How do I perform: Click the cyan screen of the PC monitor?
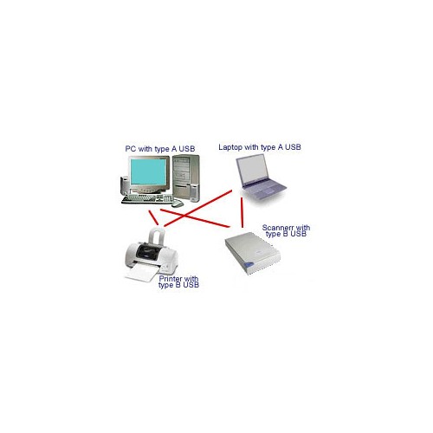[x=148, y=172]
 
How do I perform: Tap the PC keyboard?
[x=147, y=199]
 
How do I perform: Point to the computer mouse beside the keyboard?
[x=178, y=204]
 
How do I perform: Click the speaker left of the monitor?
[x=125, y=185]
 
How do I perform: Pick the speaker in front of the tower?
[x=195, y=192]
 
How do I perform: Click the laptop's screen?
[x=252, y=170]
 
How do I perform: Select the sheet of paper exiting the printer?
[x=142, y=273]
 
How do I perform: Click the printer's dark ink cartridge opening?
[x=148, y=251]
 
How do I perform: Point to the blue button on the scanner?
[x=249, y=265]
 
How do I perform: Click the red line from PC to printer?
[x=153, y=217]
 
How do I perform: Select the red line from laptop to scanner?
[x=242, y=213]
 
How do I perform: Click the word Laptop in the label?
[x=230, y=147]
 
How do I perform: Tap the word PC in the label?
[x=131, y=149]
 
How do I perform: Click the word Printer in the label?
[x=171, y=279]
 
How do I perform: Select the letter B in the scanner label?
[x=285, y=234]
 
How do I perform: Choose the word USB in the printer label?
[x=191, y=285]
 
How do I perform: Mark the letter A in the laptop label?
[x=281, y=147]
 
